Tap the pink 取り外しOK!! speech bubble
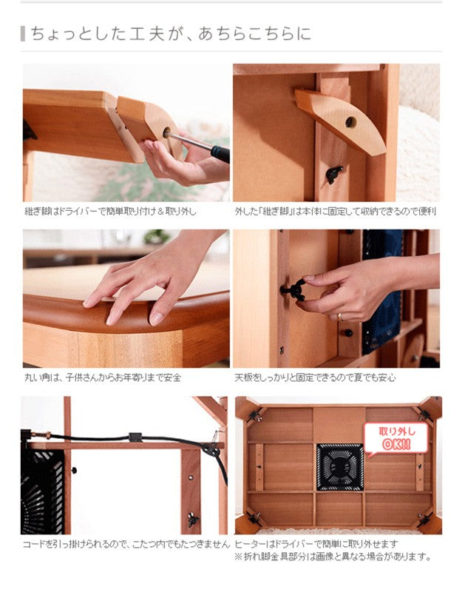click(x=395, y=437)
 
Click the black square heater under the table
click(x=339, y=467)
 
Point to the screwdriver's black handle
click(x=220, y=153)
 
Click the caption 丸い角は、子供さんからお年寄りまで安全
click(x=102, y=377)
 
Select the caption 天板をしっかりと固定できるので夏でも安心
click(x=315, y=377)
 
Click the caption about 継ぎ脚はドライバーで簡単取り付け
click(x=111, y=211)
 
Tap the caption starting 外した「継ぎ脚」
click(x=336, y=211)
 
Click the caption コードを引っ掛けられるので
click(x=126, y=545)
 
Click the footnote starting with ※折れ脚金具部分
click(x=333, y=557)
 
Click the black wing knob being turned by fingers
click(x=294, y=290)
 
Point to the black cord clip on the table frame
click(x=135, y=437)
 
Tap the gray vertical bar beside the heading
click(x=23, y=33)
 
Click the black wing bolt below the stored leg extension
click(x=334, y=175)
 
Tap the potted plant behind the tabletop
click(x=156, y=237)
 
